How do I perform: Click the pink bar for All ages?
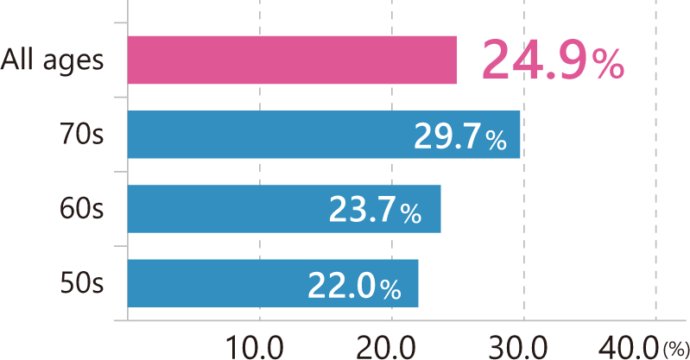pos(291,60)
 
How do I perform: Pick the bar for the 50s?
pos(216,283)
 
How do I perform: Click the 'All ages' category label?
pos(53,60)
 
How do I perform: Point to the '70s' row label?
pos(83,135)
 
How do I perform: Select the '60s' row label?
pos(83,209)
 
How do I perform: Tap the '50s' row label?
pos(83,283)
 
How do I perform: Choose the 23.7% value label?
pos(375,210)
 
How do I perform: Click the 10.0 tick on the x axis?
pos(256,344)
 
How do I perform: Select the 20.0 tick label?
pos(389,344)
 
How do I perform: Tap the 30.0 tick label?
pos(522,344)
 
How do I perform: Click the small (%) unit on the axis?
pos(674,348)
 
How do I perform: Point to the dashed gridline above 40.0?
pos(656,173)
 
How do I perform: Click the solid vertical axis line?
pos(127,173)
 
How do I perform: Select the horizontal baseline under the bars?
pos(397,321)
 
